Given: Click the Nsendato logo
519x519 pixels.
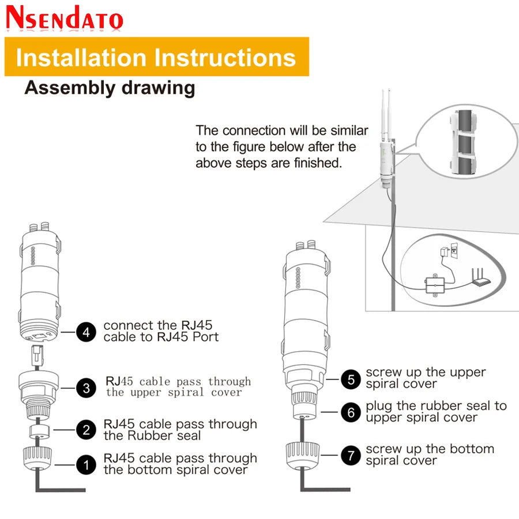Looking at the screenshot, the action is point(65,18).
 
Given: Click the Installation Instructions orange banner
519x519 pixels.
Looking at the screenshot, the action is point(157,57).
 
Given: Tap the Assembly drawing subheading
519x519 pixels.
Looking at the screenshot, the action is point(110,88).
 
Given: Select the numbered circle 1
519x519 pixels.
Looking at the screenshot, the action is point(86,465).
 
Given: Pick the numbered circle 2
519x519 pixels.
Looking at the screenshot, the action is point(86,430).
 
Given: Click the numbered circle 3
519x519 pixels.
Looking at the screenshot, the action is point(86,388).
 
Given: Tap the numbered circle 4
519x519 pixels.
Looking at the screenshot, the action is point(86,332).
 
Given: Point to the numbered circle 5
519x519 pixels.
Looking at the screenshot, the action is point(351,379).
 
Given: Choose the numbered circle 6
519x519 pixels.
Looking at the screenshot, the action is point(351,412).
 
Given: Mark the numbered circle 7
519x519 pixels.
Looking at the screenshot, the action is point(351,455).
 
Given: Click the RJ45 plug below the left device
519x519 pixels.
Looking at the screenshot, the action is point(37,355).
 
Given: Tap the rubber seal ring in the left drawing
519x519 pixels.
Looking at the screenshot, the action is point(39,432).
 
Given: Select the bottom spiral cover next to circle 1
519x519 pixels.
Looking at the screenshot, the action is point(37,458).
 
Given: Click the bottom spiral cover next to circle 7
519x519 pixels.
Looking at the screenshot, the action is point(303,456).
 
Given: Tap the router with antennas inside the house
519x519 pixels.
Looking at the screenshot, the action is point(480,278).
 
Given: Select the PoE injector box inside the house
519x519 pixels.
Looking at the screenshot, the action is point(435,285).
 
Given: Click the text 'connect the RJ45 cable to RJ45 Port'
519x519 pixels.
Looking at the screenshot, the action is point(161,331).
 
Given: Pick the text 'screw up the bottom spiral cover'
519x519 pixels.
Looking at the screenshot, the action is point(430,454).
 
